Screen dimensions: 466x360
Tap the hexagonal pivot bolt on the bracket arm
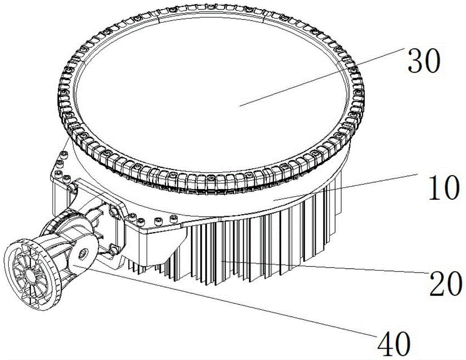point(83,253)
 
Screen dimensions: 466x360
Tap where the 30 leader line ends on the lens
point(240,106)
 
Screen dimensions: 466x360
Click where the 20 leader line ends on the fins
point(223,261)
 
